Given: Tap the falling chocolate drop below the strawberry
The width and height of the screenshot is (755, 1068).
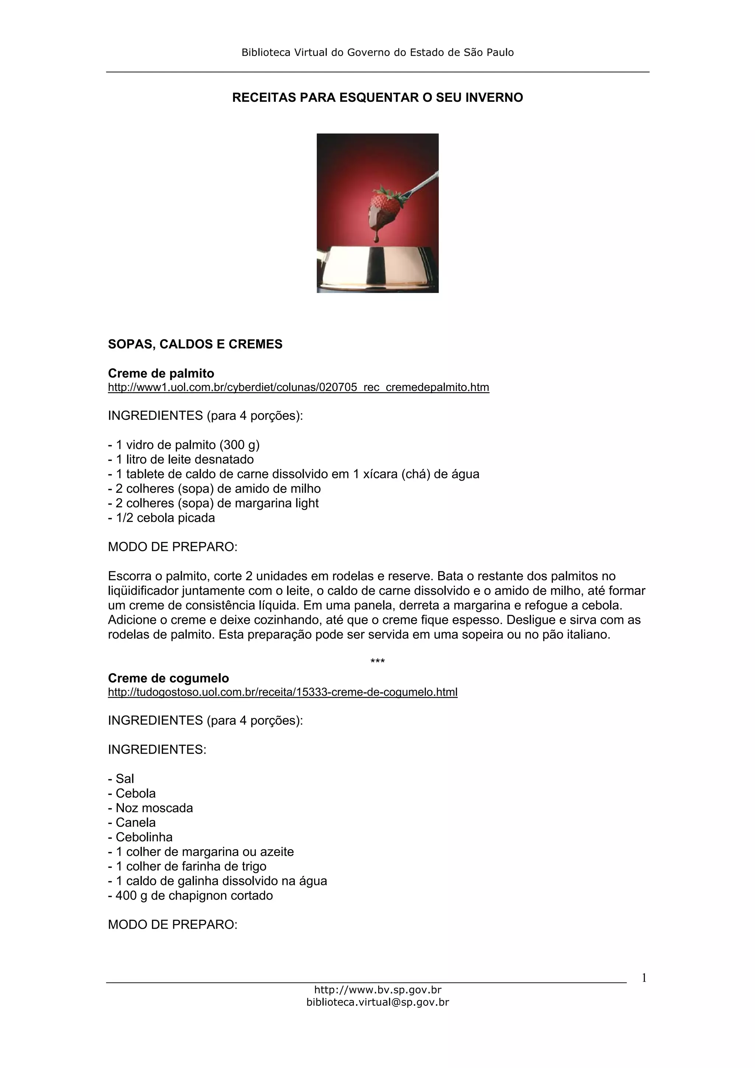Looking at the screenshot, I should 376,239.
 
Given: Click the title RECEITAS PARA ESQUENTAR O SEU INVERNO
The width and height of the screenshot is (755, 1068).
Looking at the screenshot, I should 377,98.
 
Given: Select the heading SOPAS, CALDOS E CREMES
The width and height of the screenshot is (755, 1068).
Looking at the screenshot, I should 195,344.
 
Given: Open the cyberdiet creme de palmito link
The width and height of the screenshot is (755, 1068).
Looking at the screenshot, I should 298,387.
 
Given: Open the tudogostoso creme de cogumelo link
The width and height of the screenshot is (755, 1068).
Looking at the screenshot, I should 282,692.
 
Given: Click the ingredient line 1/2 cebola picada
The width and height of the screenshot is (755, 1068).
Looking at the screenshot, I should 161,518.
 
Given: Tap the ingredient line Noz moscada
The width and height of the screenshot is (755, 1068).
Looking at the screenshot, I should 150,808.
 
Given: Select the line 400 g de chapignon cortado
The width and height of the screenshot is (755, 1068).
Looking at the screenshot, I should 190,896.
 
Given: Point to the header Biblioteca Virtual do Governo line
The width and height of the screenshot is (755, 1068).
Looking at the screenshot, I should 377,53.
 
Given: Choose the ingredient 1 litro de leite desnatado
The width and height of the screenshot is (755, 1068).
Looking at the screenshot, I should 181,460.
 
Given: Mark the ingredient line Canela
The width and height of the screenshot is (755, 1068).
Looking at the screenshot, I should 132,823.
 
